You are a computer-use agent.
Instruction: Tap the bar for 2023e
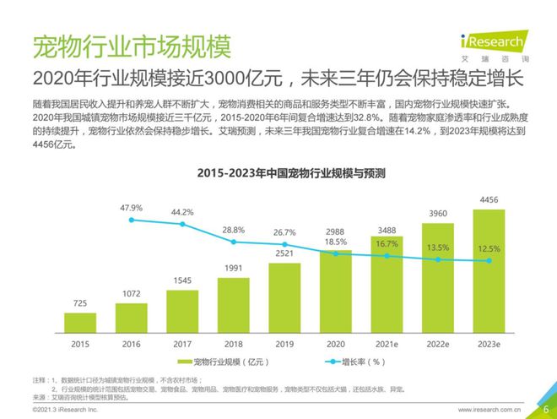489,270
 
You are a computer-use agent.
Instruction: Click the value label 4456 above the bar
489,200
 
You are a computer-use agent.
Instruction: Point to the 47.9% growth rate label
131,207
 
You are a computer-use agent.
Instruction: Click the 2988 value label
336,231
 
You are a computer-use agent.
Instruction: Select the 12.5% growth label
489,249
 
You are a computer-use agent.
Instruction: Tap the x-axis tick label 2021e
387,345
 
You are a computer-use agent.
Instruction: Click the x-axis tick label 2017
182,345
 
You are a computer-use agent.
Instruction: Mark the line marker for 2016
132,220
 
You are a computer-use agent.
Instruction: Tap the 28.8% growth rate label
234,230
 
